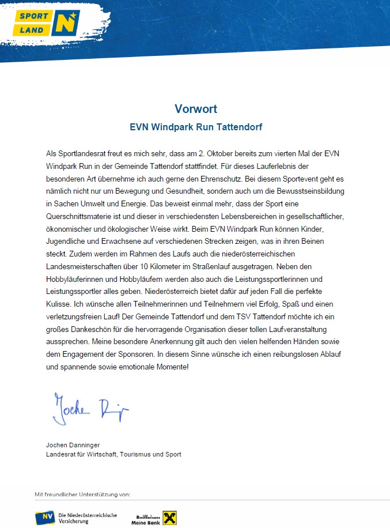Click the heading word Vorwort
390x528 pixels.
[196, 109]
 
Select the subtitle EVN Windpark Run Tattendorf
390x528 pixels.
[196, 125]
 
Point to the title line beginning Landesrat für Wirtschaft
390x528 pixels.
[113, 454]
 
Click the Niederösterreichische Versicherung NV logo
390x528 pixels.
[77, 518]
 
